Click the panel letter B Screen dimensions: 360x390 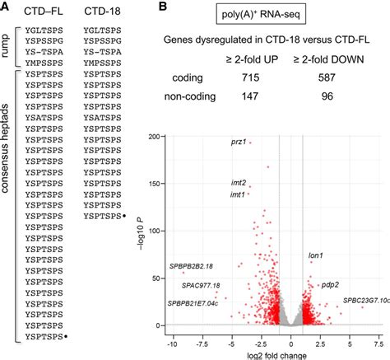(x=164, y=7)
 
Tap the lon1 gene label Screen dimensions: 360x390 (x=316, y=256)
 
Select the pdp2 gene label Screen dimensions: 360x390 (x=330, y=284)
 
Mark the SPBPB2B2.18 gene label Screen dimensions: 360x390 (x=191, y=266)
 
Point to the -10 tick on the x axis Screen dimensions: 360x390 (x=171, y=342)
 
